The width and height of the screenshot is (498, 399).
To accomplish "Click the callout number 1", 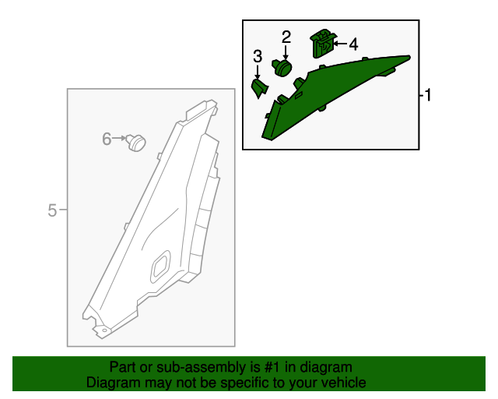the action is click(428, 95).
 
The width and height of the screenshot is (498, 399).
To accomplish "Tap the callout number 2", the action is click(286, 37).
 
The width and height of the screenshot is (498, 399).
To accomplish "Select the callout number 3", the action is click(258, 56).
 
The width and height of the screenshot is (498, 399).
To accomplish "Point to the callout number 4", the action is click(353, 44).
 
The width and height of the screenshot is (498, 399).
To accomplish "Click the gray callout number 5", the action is click(52, 210).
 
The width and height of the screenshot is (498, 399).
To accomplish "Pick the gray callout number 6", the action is click(107, 139).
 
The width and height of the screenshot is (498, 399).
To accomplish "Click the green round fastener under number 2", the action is click(282, 68).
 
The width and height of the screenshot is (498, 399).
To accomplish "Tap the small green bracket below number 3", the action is click(260, 89).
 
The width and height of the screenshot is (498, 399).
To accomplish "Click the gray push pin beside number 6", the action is click(136, 143).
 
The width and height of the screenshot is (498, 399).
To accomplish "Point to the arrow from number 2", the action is click(286, 52).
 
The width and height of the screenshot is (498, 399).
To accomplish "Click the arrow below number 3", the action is click(258, 72).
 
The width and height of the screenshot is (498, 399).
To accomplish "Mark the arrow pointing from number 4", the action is click(340, 44).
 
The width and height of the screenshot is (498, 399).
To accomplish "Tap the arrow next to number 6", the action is click(119, 138).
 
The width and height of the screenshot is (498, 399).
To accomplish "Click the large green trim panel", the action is click(334, 95).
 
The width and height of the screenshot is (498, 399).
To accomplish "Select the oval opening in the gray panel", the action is click(161, 266).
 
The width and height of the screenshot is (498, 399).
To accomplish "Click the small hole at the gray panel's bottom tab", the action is click(105, 330).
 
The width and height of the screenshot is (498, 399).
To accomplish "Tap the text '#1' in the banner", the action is click(272, 367).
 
